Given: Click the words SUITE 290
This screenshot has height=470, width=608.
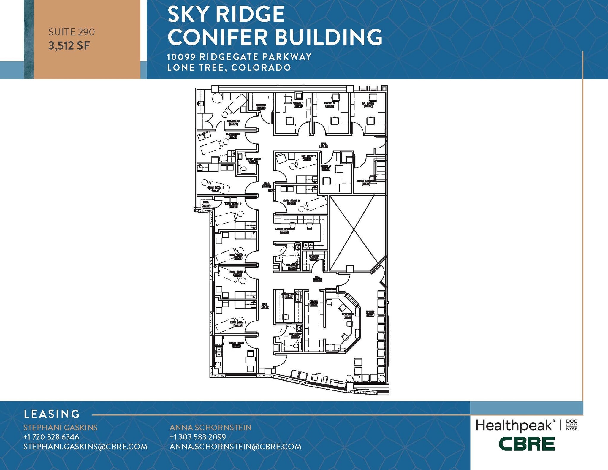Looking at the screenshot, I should coord(72,32).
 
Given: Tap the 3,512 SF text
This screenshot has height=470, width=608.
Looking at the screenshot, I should coord(69,46).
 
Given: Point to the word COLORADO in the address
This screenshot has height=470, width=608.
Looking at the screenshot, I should coord(261,68).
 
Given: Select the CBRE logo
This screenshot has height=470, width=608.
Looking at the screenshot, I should coord(527,444).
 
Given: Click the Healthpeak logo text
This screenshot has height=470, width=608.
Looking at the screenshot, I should coord(514,426).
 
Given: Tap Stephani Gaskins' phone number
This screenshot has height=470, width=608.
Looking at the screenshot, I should coord(51,437).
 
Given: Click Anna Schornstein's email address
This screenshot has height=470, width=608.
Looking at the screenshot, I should coord(235,447).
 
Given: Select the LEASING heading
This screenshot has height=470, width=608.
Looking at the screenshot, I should coord(52,414).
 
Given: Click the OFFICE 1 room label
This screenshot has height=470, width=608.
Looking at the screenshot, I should coord(298,103).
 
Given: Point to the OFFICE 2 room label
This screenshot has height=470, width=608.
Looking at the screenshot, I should coord(330,103).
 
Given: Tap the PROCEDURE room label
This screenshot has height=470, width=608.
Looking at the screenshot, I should coord(233,121).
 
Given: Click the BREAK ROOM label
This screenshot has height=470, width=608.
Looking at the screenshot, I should coord(236,343).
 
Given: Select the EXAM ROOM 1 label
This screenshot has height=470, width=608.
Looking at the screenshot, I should coord(238,322).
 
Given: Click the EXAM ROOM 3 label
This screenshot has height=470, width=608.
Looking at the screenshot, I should coord(238,255).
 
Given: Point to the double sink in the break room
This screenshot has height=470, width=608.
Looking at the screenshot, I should coord(219,352).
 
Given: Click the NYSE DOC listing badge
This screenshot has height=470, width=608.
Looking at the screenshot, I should coord(572,425).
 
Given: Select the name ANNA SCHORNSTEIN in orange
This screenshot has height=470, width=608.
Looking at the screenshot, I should coord(210,428).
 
